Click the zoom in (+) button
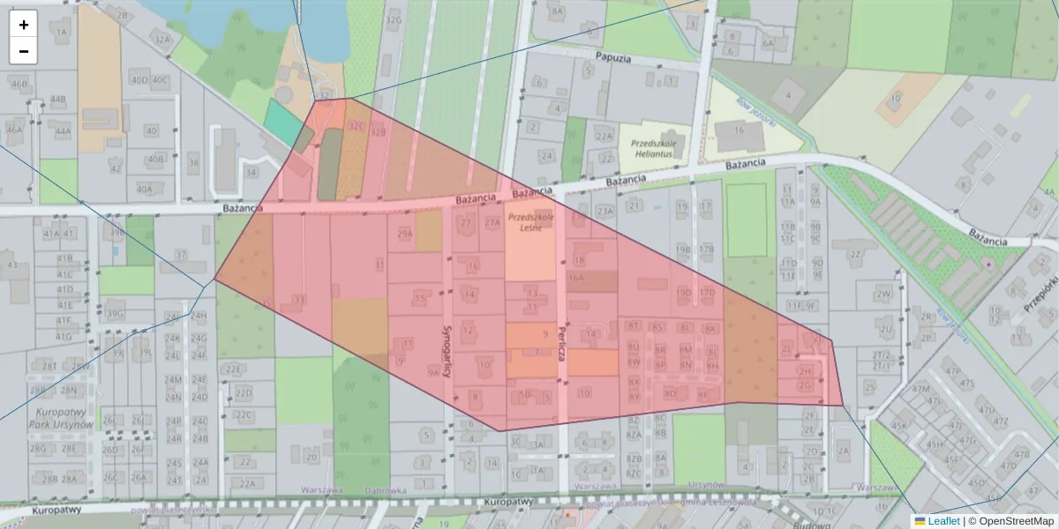coord(24,25)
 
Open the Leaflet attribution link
coord(936,521)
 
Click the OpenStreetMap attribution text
coord(1011,521)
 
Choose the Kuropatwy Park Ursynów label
coord(59,418)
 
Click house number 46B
coord(19,85)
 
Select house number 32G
coord(394,19)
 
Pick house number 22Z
coord(853,255)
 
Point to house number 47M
coord(920,389)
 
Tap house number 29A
coord(405,235)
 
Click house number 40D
coord(139,79)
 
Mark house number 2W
coord(883,294)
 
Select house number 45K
coord(899,425)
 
